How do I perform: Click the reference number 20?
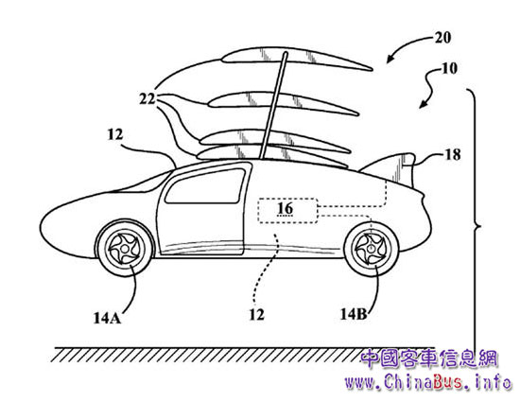pos(442,38)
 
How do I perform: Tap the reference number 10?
pos(449,68)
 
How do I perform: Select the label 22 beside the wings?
pos(147,98)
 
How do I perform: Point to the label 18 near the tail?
pos(452,154)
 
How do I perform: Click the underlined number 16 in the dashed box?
pos(286,209)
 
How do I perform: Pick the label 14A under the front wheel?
pos(107,318)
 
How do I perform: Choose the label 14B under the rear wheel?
pos(354,314)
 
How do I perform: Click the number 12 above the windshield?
pos(115,134)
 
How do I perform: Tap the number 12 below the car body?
pos(256,314)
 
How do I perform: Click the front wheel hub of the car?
pos(125,248)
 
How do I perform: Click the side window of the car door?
pos(205,185)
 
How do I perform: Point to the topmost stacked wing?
pos(297,59)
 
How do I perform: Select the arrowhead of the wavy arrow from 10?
pos(424,104)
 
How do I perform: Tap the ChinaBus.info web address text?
pos(427,382)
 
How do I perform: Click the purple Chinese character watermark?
pos(429,358)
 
